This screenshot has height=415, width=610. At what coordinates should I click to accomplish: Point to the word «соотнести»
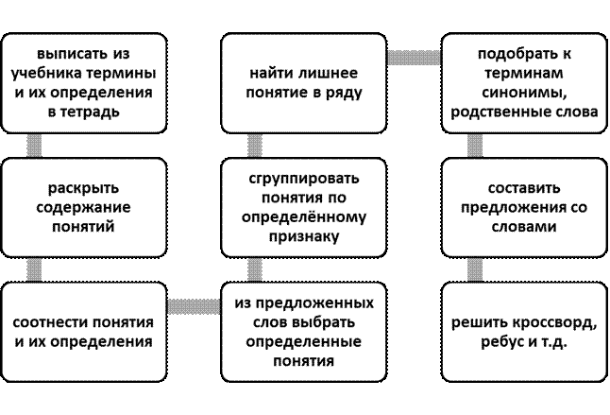coord(54,323)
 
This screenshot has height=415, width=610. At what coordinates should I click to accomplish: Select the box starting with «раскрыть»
coord(79,208)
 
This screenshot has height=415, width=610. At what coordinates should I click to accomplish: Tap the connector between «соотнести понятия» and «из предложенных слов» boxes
coord(194,306)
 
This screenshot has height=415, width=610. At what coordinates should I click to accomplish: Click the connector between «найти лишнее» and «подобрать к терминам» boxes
coord(415,59)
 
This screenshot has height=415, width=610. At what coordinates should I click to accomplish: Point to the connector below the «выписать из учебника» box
coord(35,145)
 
